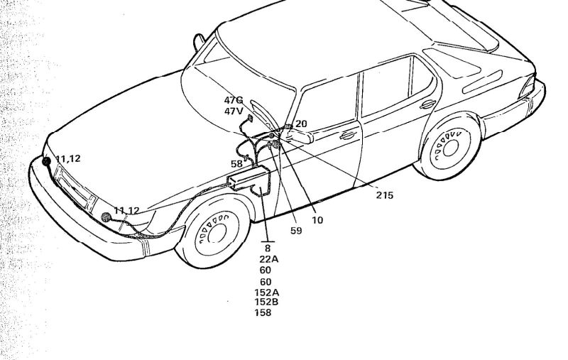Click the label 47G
pyautogui.click(x=234, y=101)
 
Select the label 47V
pyautogui.click(x=234, y=111)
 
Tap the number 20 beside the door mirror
pyautogui.click(x=301, y=124)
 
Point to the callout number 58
pyautogui.click(x=236, y=164)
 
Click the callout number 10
pyautogui.click(x=317, y=220)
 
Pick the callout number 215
pyautogui.click(x=384, y=195)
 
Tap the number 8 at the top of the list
pyautogui.click(x=268, y=249)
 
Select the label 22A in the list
pyautogui.click(x=268, y=259)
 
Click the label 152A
pyautogui.click(x=266, y=292)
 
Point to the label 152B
pyautogui.click(x=266, y=302)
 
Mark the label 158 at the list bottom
pyautogui.click(x=263, y=312)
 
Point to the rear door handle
pyautogui.click(x=428, y=104)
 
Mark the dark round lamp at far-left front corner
pyautogui.click(x=47, y=161)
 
